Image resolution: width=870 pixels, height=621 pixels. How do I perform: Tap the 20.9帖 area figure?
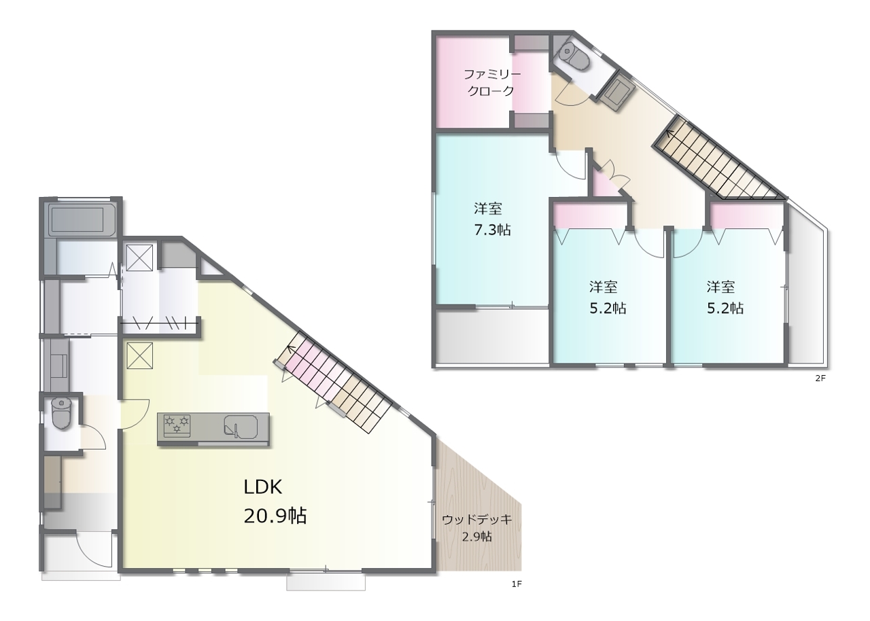(275, 516)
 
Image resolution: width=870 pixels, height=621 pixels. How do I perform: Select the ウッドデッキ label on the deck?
(477, 519)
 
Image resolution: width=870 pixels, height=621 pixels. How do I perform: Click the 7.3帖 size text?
(491, 230)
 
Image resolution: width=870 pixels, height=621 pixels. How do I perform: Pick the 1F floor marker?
(517, 595)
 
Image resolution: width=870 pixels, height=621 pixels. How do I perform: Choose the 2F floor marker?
(820, 378)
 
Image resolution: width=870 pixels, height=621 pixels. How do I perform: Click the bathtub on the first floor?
(81, 219)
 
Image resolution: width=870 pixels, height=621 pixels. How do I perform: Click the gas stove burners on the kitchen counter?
(177, 424)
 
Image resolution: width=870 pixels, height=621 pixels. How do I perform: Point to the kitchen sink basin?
(241, 426)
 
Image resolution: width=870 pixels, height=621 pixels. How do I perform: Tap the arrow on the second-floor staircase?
(670, 134)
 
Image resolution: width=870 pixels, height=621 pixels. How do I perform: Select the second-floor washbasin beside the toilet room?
(616, 93)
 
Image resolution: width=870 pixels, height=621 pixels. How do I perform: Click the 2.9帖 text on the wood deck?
(477, 537)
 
